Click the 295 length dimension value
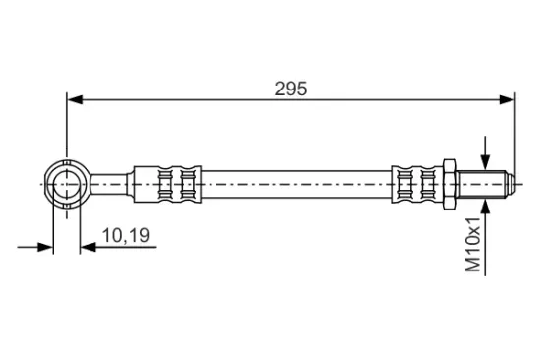pos(291,90)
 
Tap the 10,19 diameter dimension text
pos(126,235)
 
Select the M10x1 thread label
pos(473,244)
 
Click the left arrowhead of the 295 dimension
pos(75,100)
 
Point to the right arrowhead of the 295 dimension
pos(507,100)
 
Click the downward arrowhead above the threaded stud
pos(485,162)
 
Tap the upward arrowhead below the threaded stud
pos(485,206)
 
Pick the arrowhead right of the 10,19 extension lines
pos(88,247)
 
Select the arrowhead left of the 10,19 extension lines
pos(45,247)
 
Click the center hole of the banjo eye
pos(67,184)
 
